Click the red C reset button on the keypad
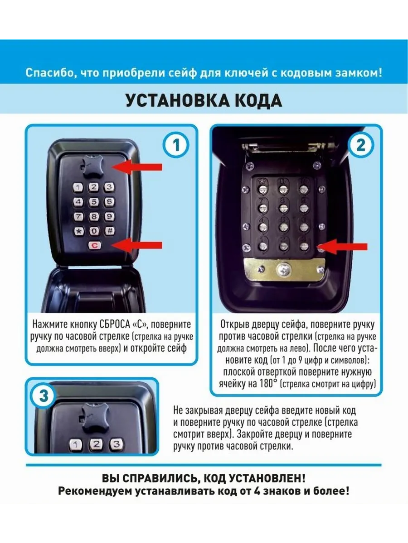94,245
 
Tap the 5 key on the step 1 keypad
94,202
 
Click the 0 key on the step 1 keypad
94,231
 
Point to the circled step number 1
176,145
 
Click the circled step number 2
361,145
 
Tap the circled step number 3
44,396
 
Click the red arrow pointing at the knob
137,167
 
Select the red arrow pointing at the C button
137,245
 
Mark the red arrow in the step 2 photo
343,247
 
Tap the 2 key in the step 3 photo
97,444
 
